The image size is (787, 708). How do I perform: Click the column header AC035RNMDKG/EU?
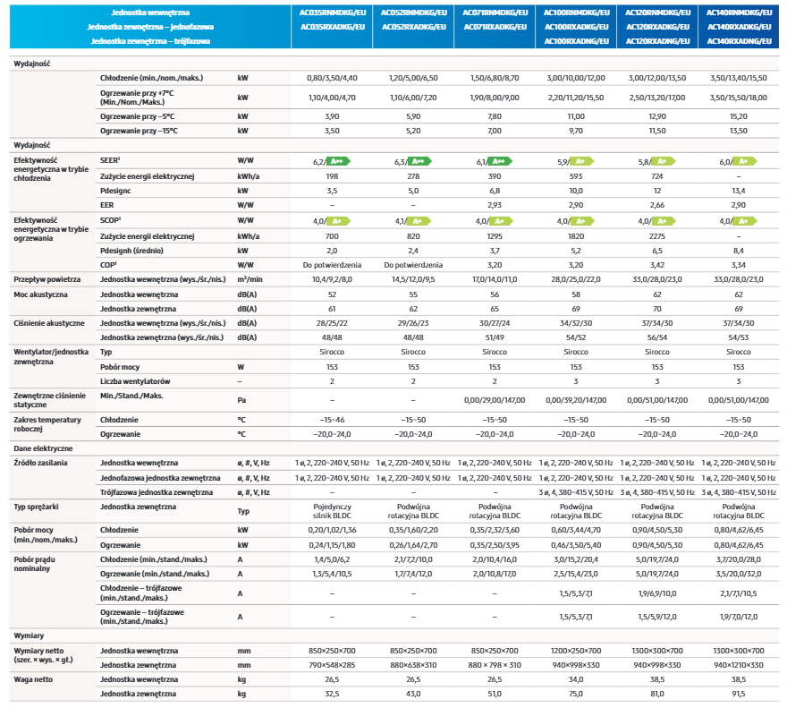[x=333, y=13]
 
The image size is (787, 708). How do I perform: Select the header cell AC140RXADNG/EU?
[x=739, y=41]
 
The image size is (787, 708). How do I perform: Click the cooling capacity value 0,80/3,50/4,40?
[x=332, y=78]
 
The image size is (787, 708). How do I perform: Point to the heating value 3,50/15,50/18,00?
[x=739, y=98]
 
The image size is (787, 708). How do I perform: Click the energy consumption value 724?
[x=657, y=176]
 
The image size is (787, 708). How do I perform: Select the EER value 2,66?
[x=657, y=205]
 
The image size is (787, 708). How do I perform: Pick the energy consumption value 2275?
[x=657, y=236]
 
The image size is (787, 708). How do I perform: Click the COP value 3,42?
[x=657, y=265]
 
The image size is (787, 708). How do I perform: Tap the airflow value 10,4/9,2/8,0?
[x=332, y=279]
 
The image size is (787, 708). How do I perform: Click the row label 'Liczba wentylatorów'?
[x=135, y=381]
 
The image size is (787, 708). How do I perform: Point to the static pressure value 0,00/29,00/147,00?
[x=495, y=400]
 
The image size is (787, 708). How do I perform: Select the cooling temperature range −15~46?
[x=332, y=420]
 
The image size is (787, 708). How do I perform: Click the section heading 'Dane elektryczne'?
[x=43, y=448]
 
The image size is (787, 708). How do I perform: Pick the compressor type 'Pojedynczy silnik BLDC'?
[x=332, y=511]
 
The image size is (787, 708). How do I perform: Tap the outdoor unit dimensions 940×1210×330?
[x=739, y=665]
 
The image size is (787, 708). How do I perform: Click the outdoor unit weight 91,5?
[x=739, y=694]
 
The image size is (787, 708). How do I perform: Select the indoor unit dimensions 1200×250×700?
[x=576, y=651]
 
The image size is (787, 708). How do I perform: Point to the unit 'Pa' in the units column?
[x=241, y=400]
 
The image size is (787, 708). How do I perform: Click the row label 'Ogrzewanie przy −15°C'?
[x=139, y=131]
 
